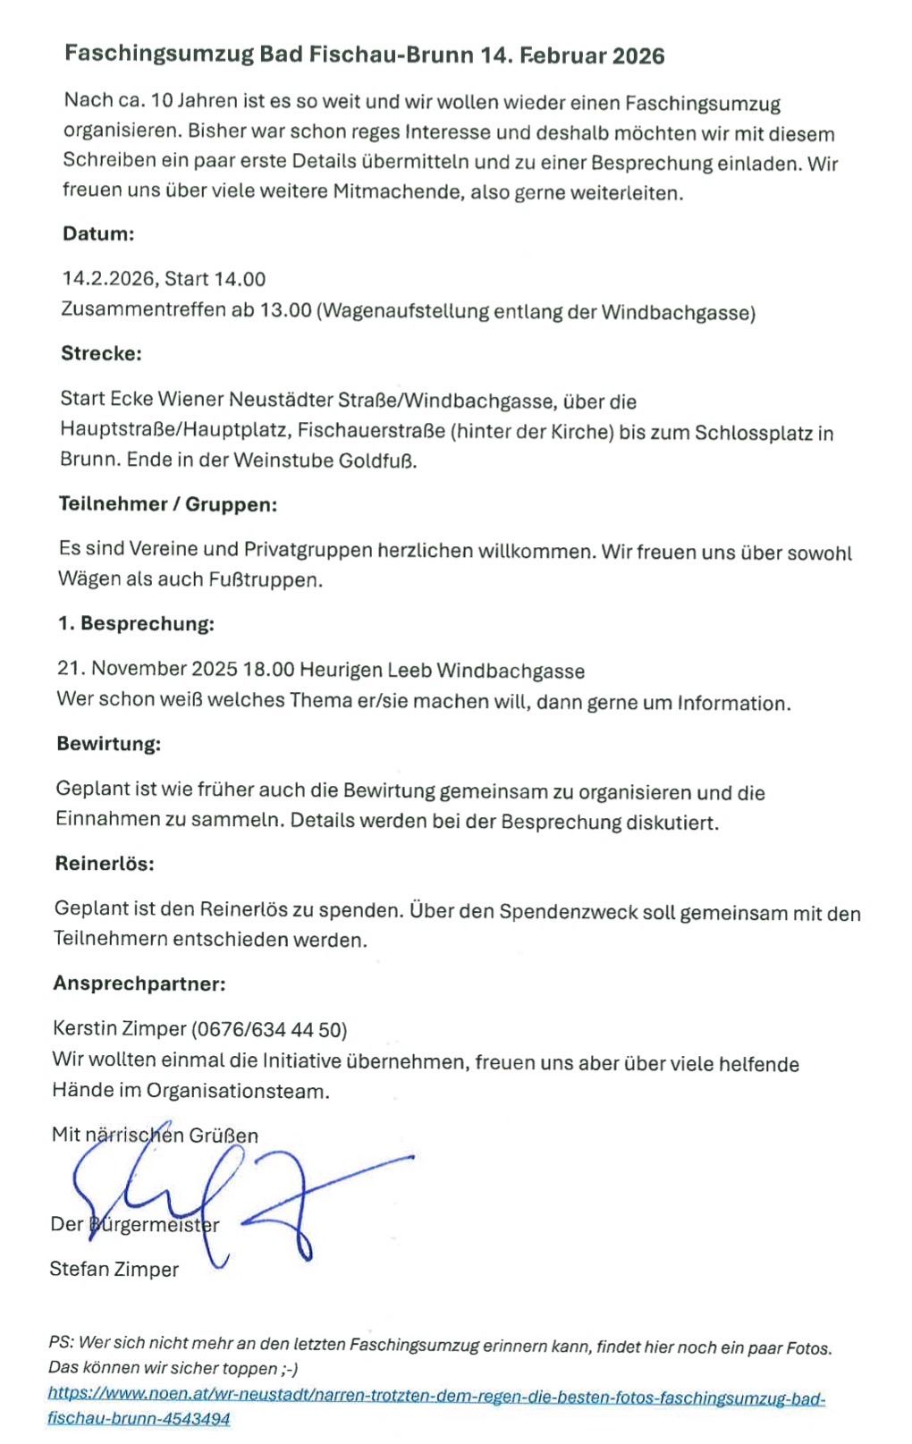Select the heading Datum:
[98, 234]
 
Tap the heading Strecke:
[101, 353]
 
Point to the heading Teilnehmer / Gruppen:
[168, 504]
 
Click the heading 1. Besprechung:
[136, 624]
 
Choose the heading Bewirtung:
[109, 744]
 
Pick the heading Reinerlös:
[104, 864]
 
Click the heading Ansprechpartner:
[139, 984]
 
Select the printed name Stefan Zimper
[114, 1269]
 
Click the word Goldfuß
[378, 462]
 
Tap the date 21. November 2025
[148, 670]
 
